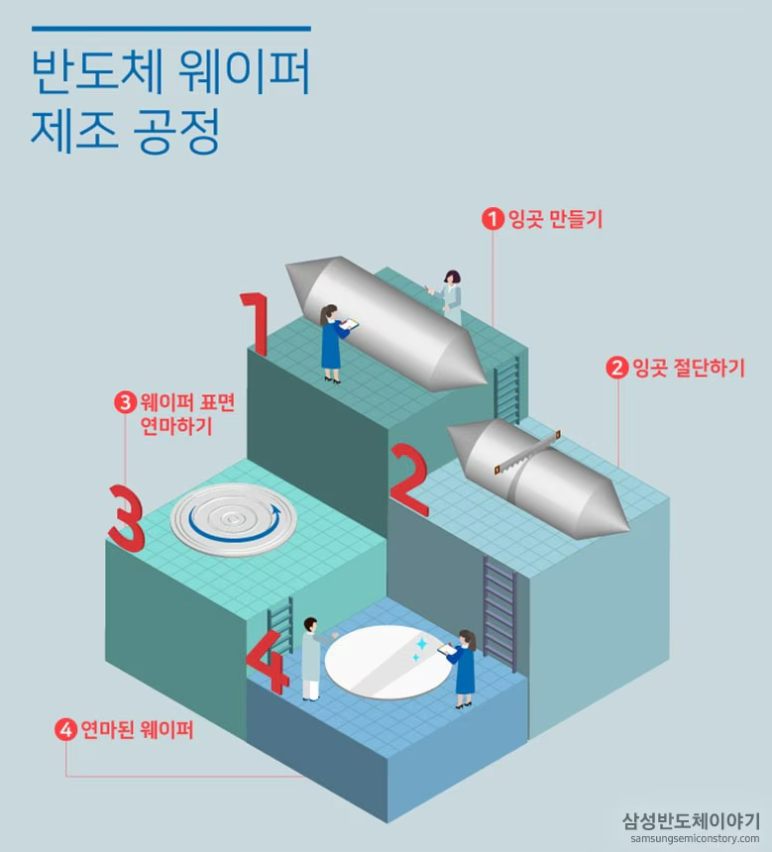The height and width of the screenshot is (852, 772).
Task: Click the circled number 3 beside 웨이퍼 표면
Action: point(125,402)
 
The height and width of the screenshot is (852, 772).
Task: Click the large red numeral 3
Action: point(128,516)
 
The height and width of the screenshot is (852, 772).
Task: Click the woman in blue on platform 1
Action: point(333,342)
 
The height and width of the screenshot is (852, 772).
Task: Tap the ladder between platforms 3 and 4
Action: point(280,625)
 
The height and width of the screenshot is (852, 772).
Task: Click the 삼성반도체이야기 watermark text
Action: point(691,819)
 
